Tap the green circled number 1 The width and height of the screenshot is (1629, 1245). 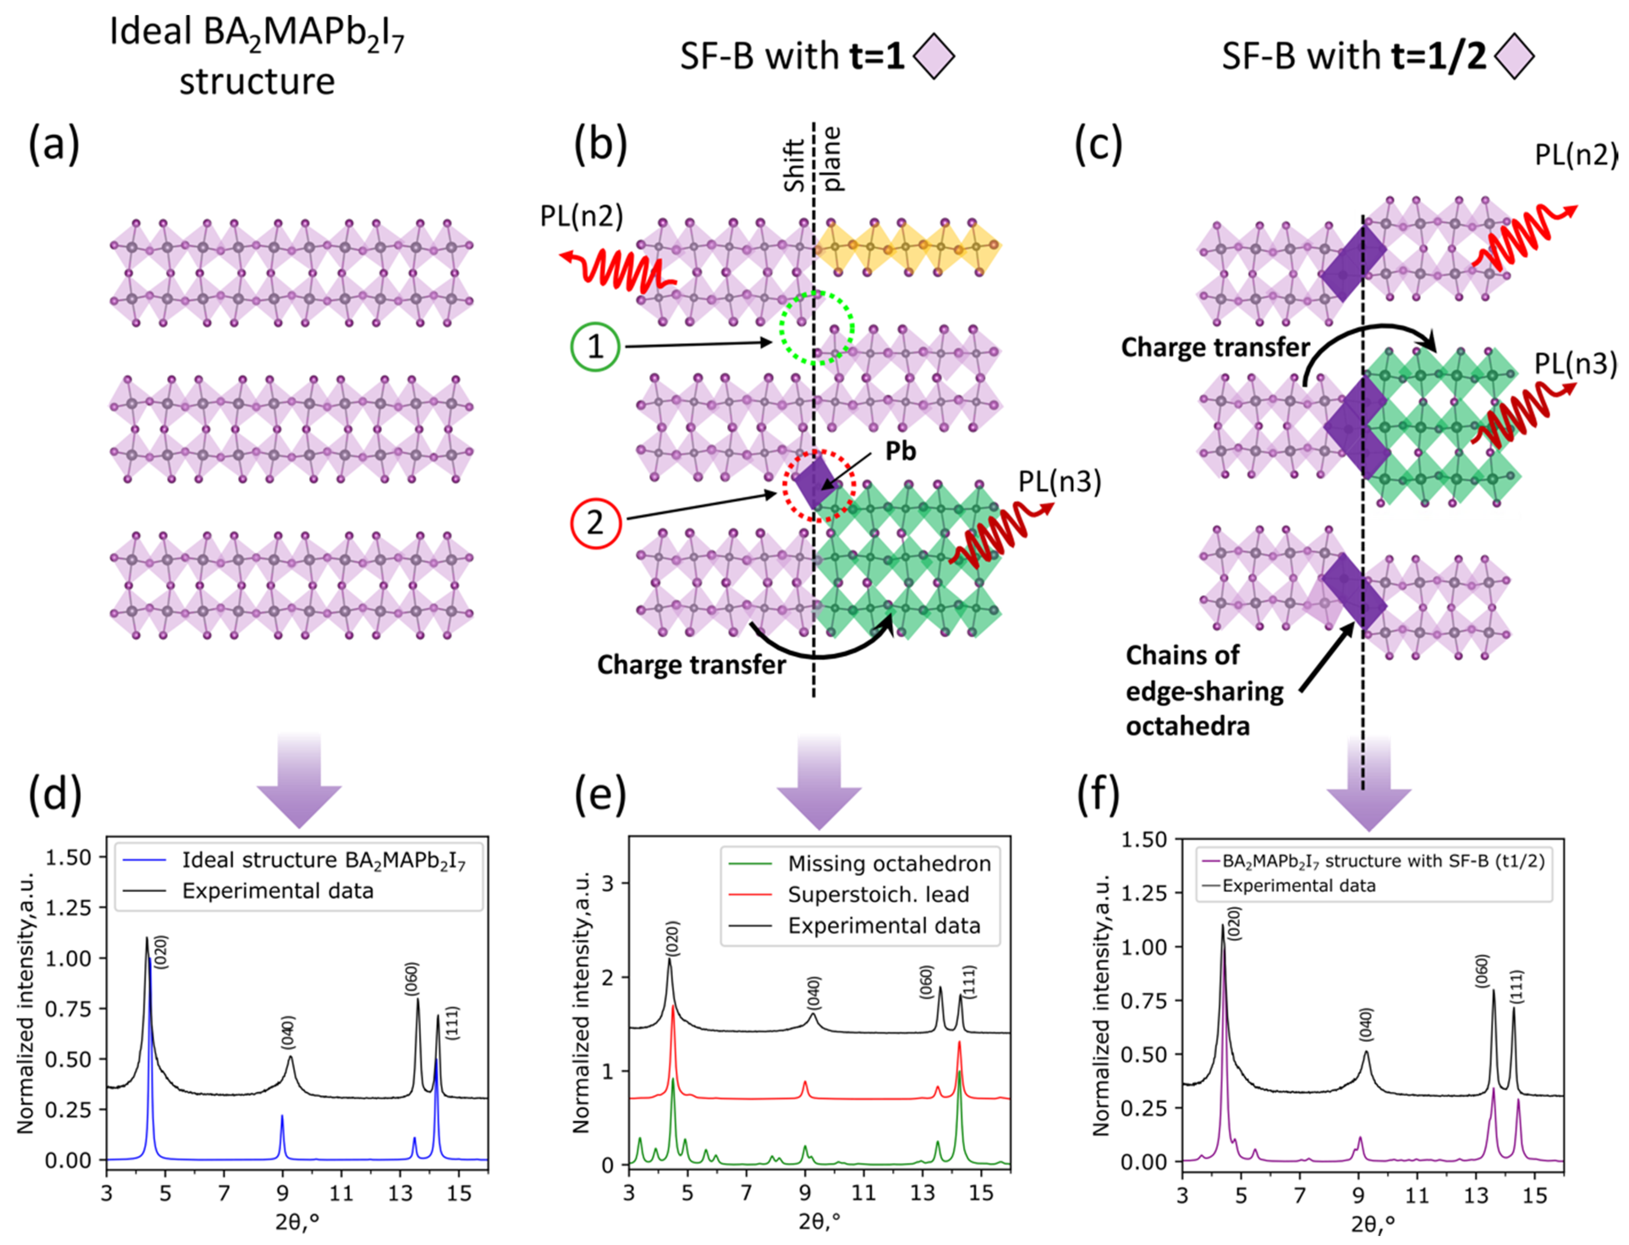(x=595, y=346)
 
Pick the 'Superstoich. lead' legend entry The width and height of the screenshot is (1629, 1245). (x=878, y=895)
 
